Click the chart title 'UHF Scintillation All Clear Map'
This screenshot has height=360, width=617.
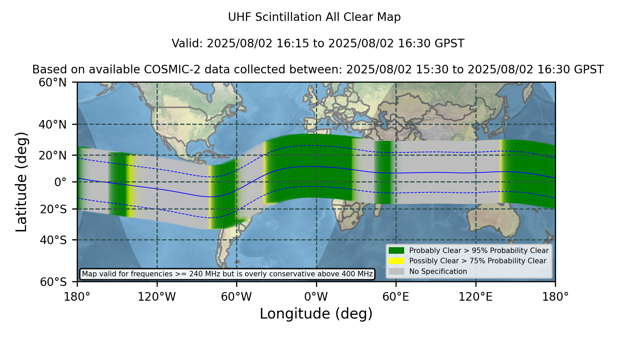coord(314,17)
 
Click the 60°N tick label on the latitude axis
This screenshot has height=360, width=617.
coord(53,82)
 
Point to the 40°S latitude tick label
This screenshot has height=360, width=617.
coord(53,240)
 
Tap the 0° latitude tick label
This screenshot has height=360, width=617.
coord(61,182)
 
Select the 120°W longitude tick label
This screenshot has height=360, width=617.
coord(157,297)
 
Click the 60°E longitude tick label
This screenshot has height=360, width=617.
coord(396,297)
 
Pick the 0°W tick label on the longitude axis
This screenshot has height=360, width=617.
coord(316,297)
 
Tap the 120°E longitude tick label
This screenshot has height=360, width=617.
coord(476,297)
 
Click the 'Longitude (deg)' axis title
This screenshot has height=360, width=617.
coord(316,314)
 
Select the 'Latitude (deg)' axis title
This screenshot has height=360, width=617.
coord(21,182)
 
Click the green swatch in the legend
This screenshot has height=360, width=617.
coord(396,250)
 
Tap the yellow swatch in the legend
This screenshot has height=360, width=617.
coord(396,261)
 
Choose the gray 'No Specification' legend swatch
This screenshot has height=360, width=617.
coord(396,272)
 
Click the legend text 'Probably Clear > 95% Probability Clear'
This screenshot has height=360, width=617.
coord(479,251)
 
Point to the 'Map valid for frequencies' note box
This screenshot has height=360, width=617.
coord(227,274)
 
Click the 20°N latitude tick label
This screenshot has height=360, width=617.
coord(53,155)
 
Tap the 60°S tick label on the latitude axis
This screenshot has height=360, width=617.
coord(53,282)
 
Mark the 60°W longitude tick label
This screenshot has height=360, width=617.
coord(237,297)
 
